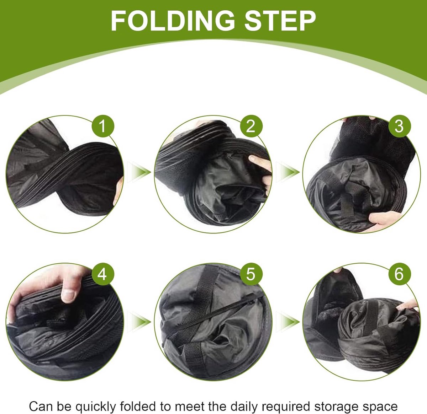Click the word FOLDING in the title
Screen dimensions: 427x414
tap(173, 21)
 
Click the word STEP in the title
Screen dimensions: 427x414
tap(280, 21)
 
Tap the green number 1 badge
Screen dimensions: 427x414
tap(103, 126)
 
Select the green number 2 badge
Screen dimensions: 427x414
tap(251, 126)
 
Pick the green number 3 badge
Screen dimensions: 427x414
tap(399, 126)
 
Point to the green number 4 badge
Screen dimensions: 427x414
tap(103, 274)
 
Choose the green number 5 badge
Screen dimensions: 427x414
tap(251, 274)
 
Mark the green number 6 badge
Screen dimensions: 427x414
tap(399, 274)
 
